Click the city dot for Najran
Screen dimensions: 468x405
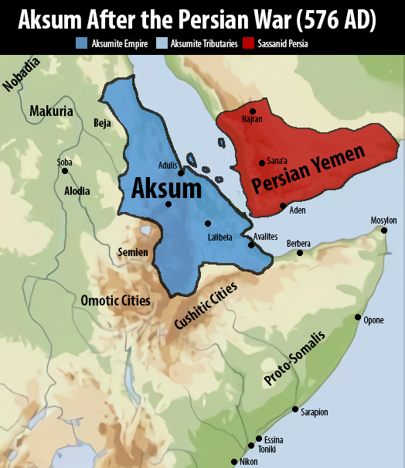253,111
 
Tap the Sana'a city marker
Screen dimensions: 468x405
261,162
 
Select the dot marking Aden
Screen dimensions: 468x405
283,205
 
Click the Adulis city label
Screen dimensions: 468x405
168,165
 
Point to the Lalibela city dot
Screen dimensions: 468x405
207,224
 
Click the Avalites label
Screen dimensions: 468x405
266,236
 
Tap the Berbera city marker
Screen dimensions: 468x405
299,253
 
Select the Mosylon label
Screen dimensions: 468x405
383,220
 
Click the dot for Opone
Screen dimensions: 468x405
357,317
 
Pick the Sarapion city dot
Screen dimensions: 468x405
295,409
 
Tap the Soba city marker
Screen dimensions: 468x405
65,170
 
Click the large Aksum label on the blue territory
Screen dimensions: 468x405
166,189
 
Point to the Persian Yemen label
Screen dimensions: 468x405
308,171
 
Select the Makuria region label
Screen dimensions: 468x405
51,111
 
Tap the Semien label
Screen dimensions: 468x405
132,251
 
